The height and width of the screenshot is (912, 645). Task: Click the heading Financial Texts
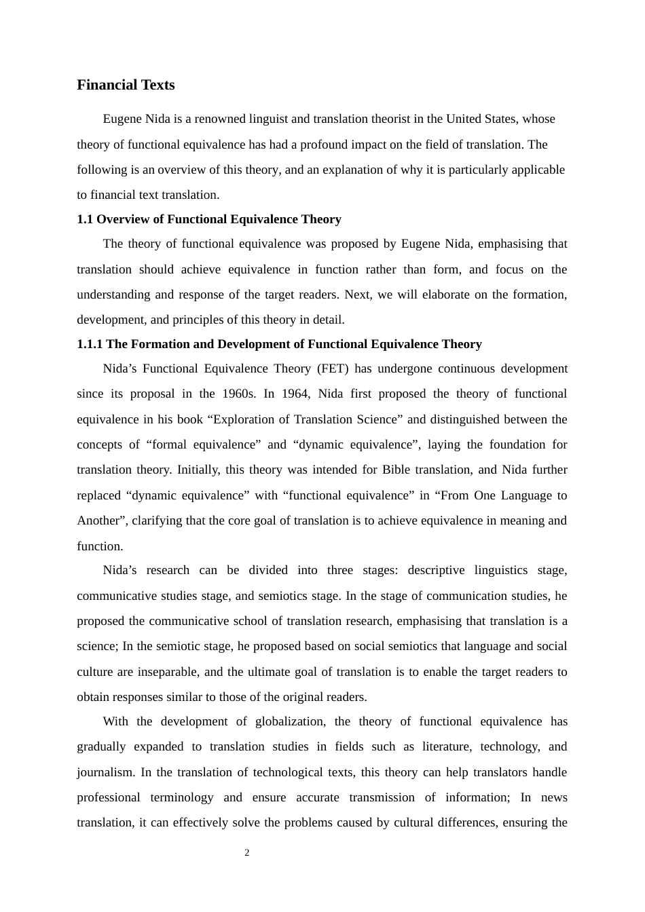tap(126, 85)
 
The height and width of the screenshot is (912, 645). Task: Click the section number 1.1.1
tap(90, 344)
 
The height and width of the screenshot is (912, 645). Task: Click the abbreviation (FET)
tap(333, 368)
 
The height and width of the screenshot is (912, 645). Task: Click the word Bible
tap(396, 470)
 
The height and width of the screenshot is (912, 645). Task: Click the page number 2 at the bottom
tap(247, 853)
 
